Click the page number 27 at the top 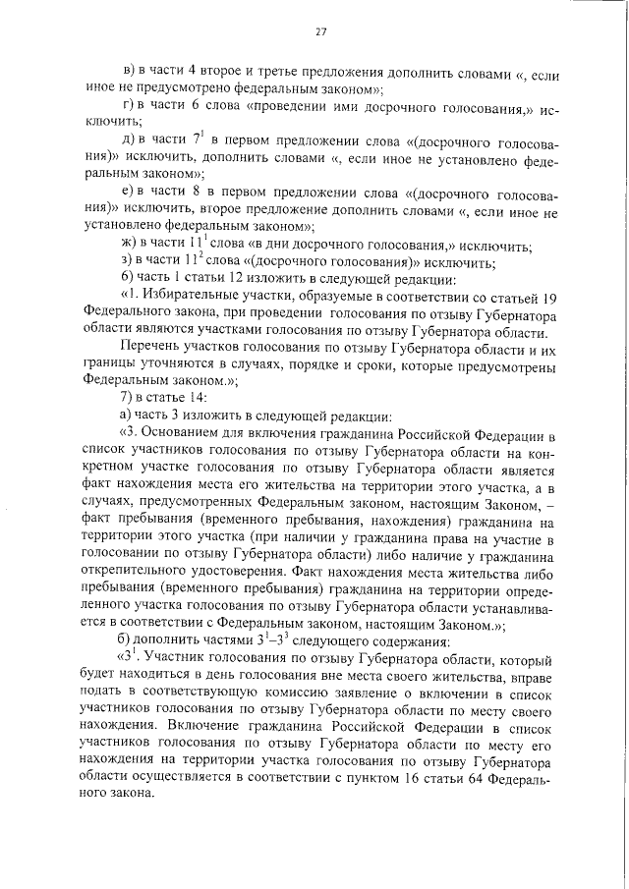[320, 31]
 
